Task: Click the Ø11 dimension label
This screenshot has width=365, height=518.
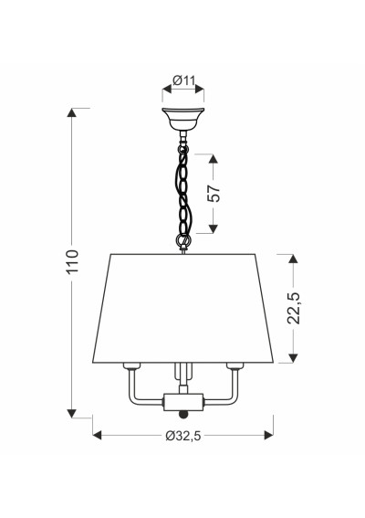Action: click(x=184, y=80)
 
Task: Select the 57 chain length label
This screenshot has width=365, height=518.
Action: click(x=214, y=194)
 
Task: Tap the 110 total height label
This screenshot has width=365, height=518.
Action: click(x=72, y=261)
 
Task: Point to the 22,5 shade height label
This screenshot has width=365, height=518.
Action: click(x=294, y=308)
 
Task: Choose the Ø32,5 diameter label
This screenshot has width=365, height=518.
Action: click(x=183, y=436)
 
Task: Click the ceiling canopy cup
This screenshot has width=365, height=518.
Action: click(x=183, y=119)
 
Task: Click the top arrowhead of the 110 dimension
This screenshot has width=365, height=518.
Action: click(x=71, y=112)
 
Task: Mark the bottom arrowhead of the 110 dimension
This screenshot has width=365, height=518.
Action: click(x=71, y=413)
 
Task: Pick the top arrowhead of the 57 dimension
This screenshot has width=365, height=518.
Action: click(x=214, y=158)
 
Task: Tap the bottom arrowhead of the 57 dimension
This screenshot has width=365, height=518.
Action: click(x=214, y=228)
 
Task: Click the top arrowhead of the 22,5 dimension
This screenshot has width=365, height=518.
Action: click(x=293, y=259)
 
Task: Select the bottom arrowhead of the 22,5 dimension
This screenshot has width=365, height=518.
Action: click(x=293, y=358)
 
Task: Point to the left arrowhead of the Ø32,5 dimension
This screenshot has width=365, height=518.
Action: click(x=98, y=436)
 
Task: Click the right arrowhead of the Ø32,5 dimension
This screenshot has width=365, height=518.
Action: click(x=269, y=436)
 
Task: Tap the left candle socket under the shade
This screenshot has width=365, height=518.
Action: click(x=131, y=365)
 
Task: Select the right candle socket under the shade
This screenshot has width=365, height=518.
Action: click(x=235, y=365)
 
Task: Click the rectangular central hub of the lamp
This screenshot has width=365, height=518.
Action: click(x=183, y=402)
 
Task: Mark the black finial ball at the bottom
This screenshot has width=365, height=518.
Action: click(x=183, y=414)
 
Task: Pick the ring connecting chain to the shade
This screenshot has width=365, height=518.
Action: click(x=183, y=240)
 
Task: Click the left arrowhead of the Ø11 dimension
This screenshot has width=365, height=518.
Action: click(x=167, y=89)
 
